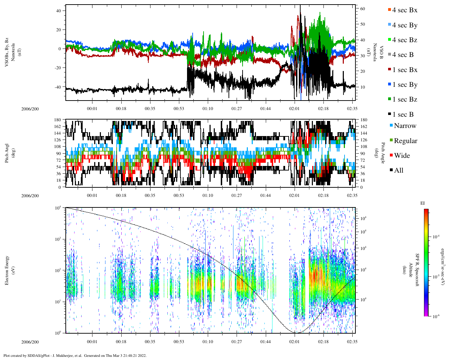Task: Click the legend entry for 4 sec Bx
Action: pyautogui.click(x=404, y=10)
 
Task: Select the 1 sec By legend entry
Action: pyautogui.click(x=404, y=85)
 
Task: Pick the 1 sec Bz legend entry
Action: pyautogui.click(x=404, y=99)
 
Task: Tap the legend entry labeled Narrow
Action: pyautogui.click(x=405, y=126)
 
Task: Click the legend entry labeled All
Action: pyautogui.click(x=398, y=171)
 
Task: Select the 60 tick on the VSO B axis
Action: pyautogui.click(x=362, y=9)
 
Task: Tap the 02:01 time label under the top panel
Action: pyautogui.click(x=295, y=109)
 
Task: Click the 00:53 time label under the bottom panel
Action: pyautogui.click(x=179, y=342)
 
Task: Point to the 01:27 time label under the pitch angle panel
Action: pyautogui.click(x=237, y=195)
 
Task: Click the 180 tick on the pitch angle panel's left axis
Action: pyautogui.click(x=58, y=120)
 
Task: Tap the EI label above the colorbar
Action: pyautogui.click(x=423, y=203)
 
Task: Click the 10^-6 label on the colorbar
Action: pyautogui.click(x=436, y=316)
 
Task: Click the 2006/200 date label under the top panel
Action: pyautogui.click(x=30, y=109)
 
